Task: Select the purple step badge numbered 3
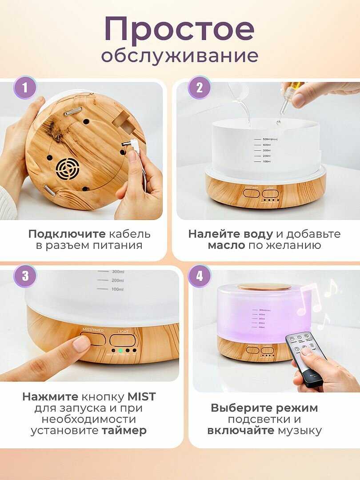click(x=25, y=276)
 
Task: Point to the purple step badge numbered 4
click(x=199, y=276)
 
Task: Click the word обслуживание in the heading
click(x=179, y=56)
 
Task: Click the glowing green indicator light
click(x=120, y=351)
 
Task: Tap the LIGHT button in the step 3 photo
click(x=123, y=340)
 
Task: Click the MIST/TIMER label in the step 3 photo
click(x=94, y=330)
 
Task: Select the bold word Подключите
click(x=67, y=234)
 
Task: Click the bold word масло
click(x=226, y=245)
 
